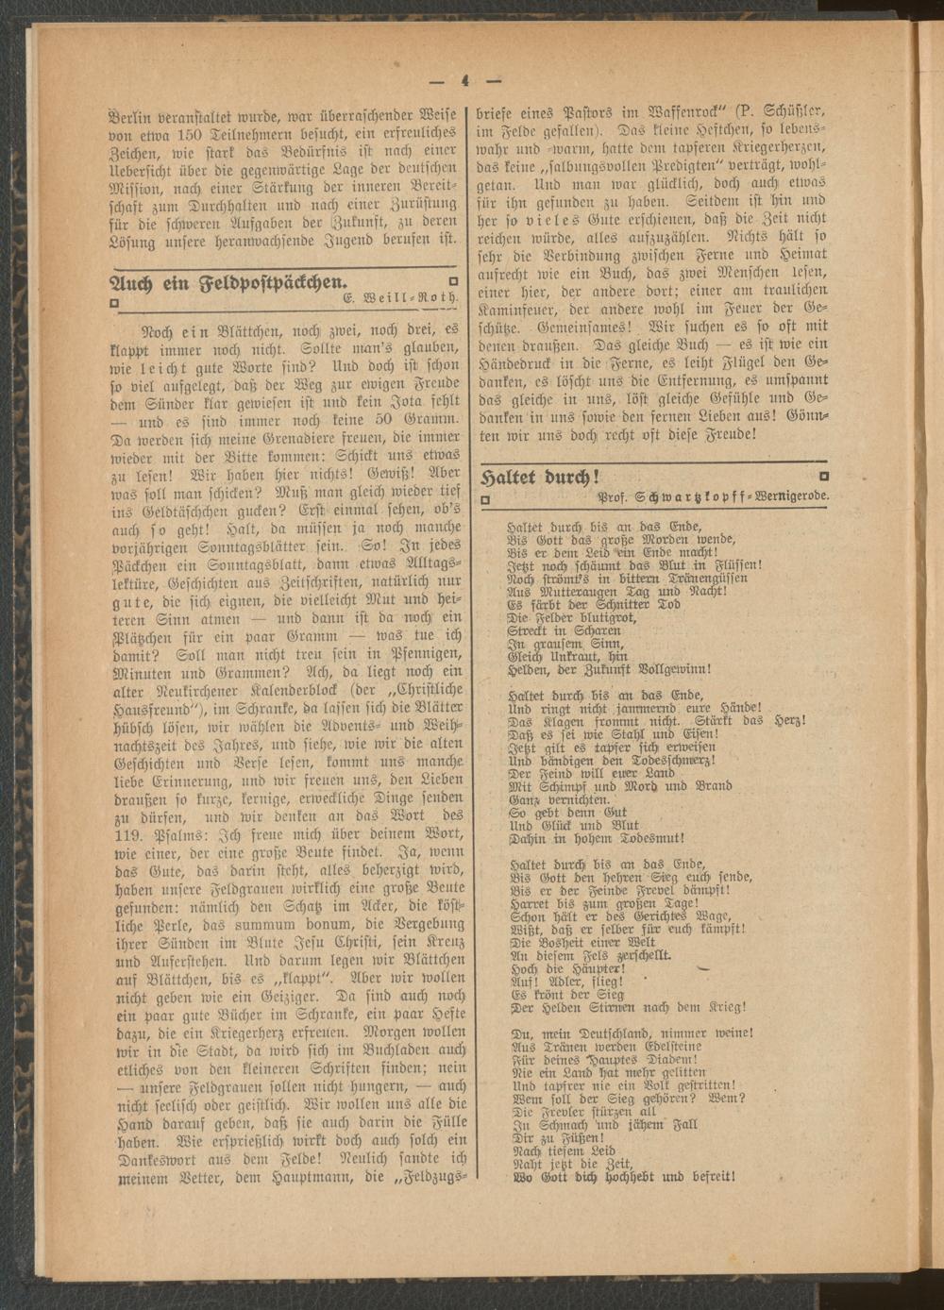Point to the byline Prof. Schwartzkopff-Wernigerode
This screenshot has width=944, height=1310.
coord(714,496)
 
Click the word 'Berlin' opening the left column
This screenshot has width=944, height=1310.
coord(135,107)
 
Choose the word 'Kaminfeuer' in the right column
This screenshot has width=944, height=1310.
coord(526,311)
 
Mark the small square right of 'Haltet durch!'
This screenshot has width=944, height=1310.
coord(825,476)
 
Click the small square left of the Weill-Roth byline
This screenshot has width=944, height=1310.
coord(114,303)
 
